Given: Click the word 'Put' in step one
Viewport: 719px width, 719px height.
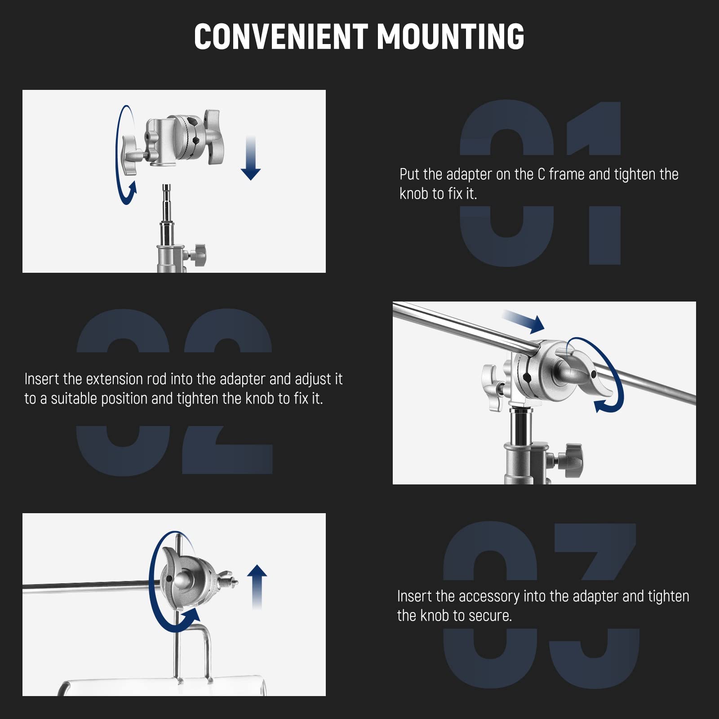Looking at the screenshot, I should click(409, 174).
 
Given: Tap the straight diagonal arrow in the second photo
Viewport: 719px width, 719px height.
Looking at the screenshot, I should click(524, 321).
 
